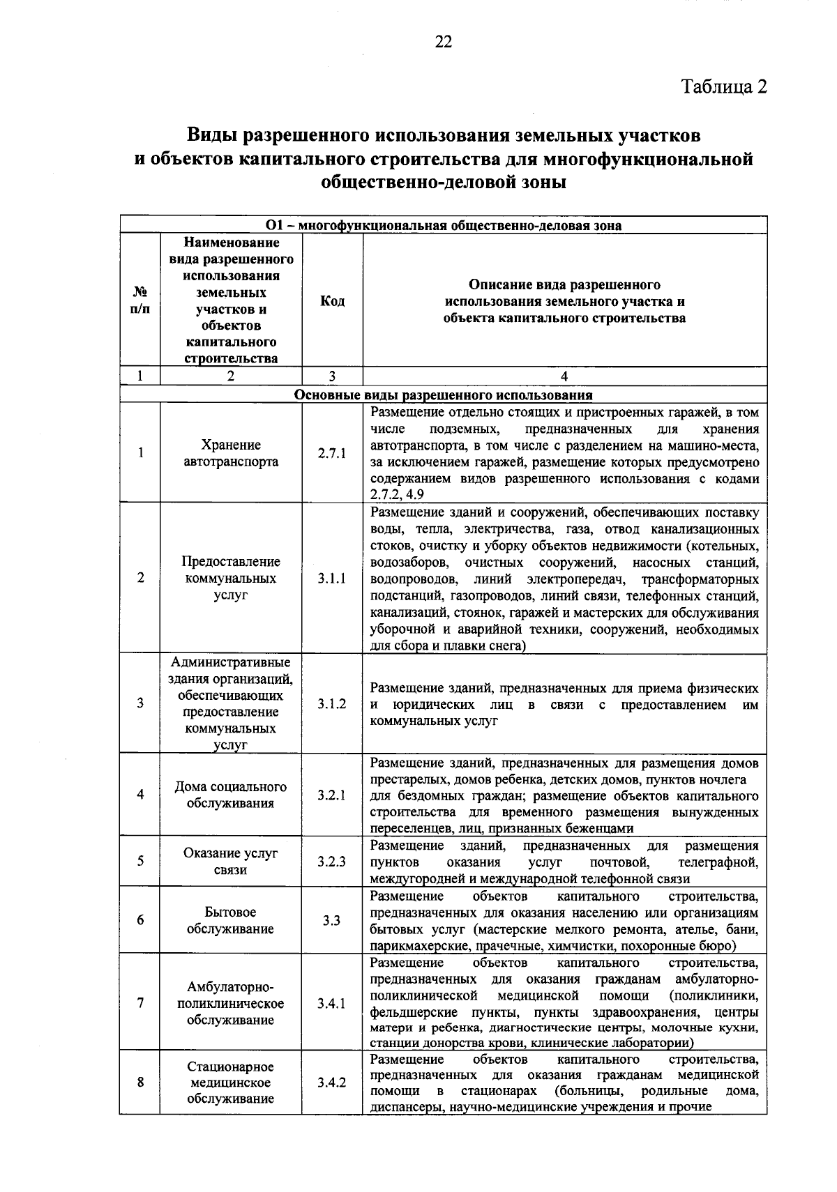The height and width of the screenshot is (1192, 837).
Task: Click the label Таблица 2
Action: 723,86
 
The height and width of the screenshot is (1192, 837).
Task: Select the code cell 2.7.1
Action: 332,454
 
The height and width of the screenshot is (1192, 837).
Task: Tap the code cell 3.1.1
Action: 332,579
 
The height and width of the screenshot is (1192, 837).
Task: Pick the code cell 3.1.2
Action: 332,704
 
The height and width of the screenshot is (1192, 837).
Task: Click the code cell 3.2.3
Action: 332,862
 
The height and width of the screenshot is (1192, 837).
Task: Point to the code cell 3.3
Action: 332,921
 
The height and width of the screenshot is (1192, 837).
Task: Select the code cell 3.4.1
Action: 332,1004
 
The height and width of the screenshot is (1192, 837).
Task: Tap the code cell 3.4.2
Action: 332,1083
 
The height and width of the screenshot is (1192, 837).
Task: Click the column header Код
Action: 332,301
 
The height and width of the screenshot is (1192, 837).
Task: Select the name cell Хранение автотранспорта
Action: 231,454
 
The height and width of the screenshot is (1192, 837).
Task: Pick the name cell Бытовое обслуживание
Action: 231,921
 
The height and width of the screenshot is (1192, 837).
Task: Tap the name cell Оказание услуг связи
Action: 231,862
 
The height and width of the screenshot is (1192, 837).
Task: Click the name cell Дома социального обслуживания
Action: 231,795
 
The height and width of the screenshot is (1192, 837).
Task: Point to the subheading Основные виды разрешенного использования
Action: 444,395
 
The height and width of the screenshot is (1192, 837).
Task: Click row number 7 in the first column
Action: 141,1004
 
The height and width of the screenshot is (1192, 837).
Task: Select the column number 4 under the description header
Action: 564,376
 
